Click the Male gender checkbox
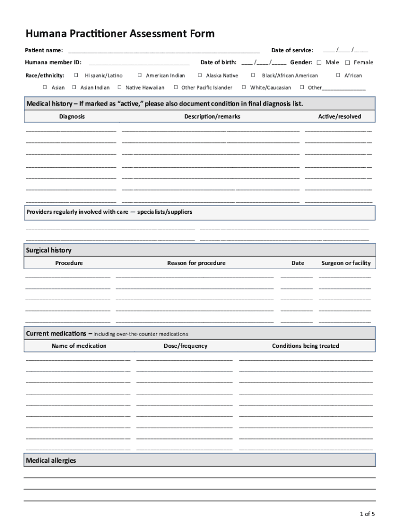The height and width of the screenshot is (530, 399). tap(319, 63)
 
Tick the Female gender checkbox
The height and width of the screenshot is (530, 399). tap(347, 63)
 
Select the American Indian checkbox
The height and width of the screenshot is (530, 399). tap(139, 76)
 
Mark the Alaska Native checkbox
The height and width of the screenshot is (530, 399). tap(200, 76)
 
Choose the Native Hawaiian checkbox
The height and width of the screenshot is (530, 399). tap(120, 87)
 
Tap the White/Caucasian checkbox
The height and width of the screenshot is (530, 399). tap(244, 87)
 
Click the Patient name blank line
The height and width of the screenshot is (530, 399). tap(164, 51)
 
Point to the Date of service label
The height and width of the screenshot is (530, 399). tap(292, 50)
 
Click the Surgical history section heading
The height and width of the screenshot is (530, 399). tap(49, 251)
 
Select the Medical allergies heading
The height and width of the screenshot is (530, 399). tap(51, 460)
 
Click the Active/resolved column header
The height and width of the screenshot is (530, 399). tap(339, 116)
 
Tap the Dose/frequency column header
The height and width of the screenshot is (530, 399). tap(186, 346)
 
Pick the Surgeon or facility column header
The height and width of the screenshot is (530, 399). tap(346, 263)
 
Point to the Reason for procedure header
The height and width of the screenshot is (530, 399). tap(196, 263)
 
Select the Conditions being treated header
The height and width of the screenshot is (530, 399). tap(305, 346)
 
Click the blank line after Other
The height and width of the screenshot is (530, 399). tap(344, 89)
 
